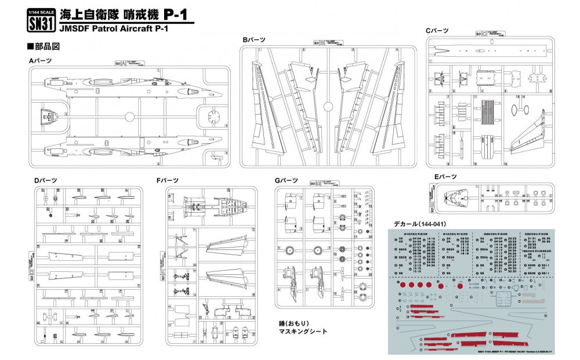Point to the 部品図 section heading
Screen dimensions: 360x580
43,45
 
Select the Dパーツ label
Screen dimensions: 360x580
45,180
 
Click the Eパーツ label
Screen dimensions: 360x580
446,176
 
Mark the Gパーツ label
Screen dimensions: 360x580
286,180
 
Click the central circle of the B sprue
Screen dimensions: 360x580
328,107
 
